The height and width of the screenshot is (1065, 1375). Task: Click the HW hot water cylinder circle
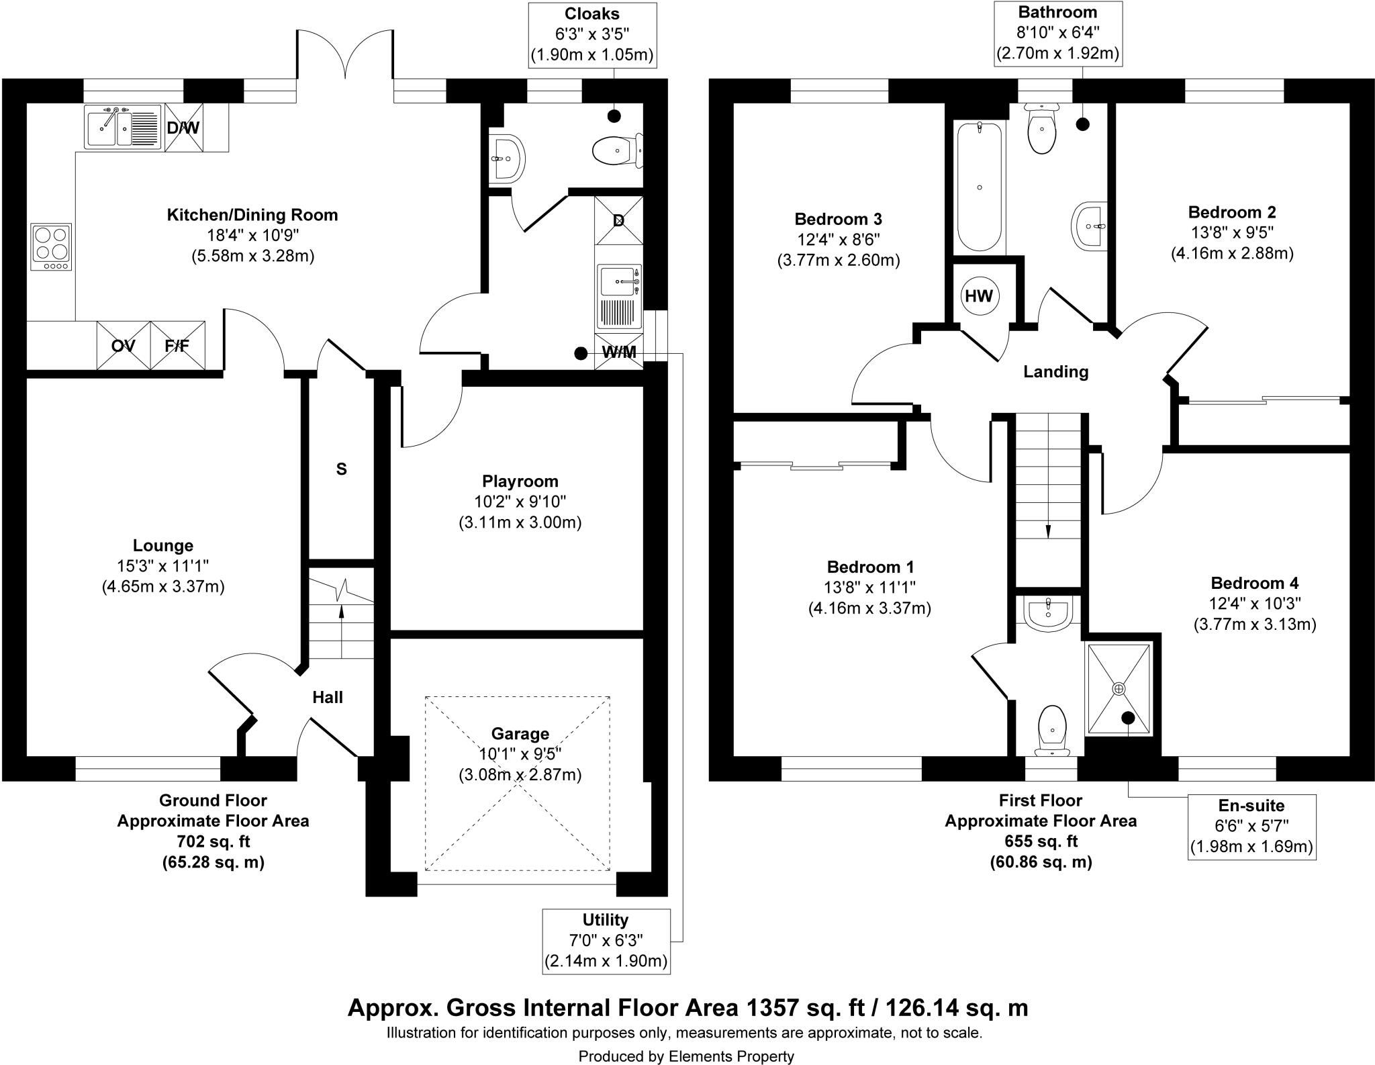click(x=978, y=295)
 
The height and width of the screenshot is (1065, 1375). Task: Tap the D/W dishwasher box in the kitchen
click(x=183, y=127)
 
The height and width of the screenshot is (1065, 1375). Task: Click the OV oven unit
click(x=123, y=345)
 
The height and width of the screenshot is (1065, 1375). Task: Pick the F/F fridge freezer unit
click(x=177, y=345)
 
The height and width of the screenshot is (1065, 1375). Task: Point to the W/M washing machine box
click(x=619, y=351)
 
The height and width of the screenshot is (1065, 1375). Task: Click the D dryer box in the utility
click(x=619, y=220)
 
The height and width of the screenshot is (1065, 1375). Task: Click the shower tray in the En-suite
click(x=1119, y=688)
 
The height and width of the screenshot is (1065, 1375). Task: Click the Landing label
click(x=1055, y=371)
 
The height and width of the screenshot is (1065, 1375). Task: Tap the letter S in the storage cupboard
click(x=341, y=469)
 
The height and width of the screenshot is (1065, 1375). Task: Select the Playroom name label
click(x=520, y=481)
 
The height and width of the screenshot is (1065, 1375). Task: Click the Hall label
click(x=328, y=698)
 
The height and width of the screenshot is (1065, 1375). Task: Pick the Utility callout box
click(x=606, y=941)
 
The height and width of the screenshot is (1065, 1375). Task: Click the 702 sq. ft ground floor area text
click(x=213, y=841)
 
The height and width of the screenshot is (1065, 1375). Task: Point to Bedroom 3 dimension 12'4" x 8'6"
click(x=838, y=240)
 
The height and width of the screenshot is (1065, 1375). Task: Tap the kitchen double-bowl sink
click(x=124, y=127)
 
